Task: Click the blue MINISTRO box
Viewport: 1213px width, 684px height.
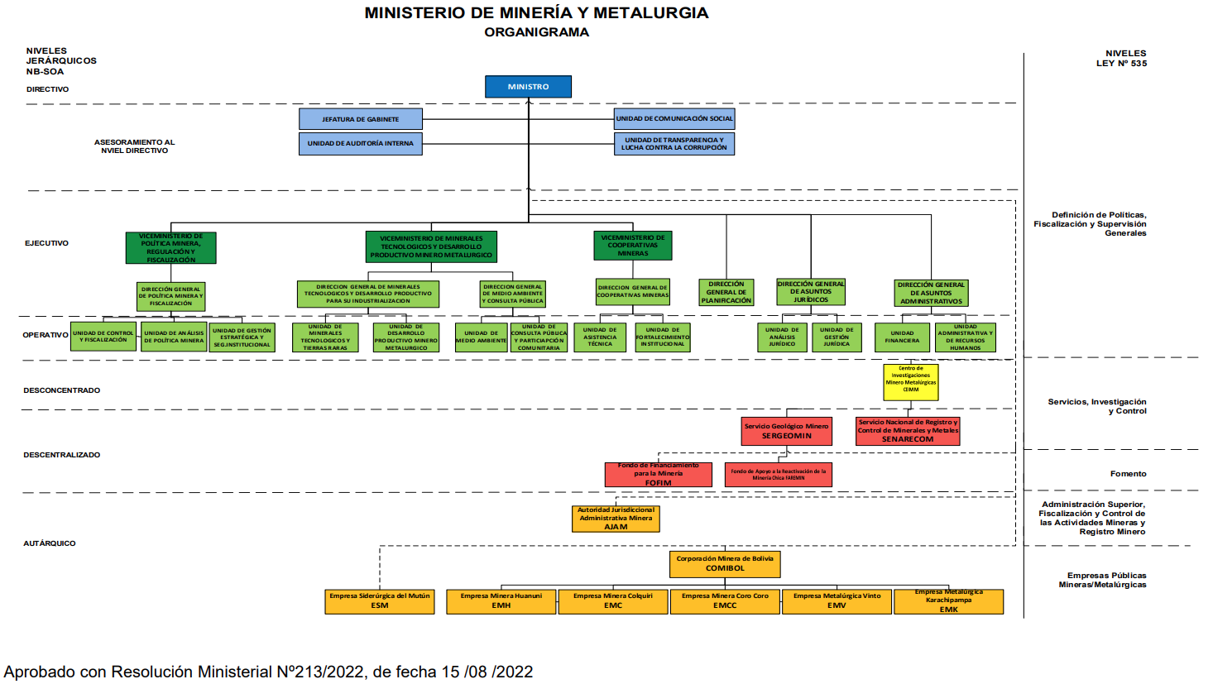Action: (528, 87)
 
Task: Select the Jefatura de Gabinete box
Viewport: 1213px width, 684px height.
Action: (361, 119)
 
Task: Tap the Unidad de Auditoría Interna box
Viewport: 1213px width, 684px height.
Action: (361, 144)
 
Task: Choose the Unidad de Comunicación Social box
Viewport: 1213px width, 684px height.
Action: (674, 119)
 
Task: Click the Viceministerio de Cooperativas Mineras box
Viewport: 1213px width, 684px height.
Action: (633, 246)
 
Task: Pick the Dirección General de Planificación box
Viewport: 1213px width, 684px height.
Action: (726, 292)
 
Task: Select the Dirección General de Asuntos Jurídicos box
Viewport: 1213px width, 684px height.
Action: (811, 292)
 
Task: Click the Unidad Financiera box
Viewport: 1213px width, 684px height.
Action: (902, 337)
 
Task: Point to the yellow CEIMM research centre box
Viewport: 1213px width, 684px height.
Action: (911, 382)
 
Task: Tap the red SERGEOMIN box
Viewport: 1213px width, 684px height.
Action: (786, 431)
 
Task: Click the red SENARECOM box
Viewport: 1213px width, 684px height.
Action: (908, 431)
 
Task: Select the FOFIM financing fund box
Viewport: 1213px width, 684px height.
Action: (658, 475)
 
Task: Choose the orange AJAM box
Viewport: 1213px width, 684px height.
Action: (616, 519)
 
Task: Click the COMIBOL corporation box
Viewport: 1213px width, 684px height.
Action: (725, 564)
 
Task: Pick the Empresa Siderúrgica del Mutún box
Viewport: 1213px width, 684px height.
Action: (380, 601)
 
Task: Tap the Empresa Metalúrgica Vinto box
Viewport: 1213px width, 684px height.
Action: (837, 601)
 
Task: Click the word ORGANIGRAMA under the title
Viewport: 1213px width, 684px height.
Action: (536, 32)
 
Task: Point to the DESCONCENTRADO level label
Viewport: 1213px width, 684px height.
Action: (62, 390)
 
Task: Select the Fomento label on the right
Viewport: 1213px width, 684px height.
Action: (1128, 474)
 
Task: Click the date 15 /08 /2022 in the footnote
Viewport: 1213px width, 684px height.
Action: (487, 672)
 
